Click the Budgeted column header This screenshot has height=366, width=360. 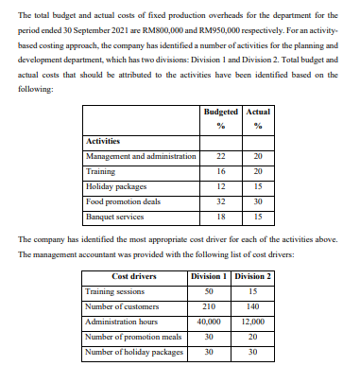pos(222,113)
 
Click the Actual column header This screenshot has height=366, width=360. pos(257,113)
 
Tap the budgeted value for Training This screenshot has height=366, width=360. pos(222,172)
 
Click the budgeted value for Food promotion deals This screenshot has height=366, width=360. pos(222,201)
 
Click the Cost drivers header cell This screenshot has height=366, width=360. pos(134,276)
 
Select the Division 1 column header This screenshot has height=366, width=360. pos(209,276)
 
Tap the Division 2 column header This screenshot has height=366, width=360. pos(251,276)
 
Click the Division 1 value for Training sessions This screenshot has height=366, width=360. pos(209,291)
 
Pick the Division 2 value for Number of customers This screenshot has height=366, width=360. pos(251,306)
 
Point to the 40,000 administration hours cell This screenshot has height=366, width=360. pos(209,322)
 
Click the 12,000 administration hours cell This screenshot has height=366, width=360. pos(251,322)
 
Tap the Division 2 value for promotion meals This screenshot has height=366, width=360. pos(251,337)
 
